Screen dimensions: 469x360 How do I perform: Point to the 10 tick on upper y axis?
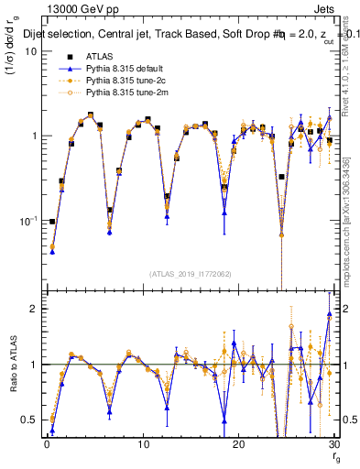pyautogui.click(x=29, y=51)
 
